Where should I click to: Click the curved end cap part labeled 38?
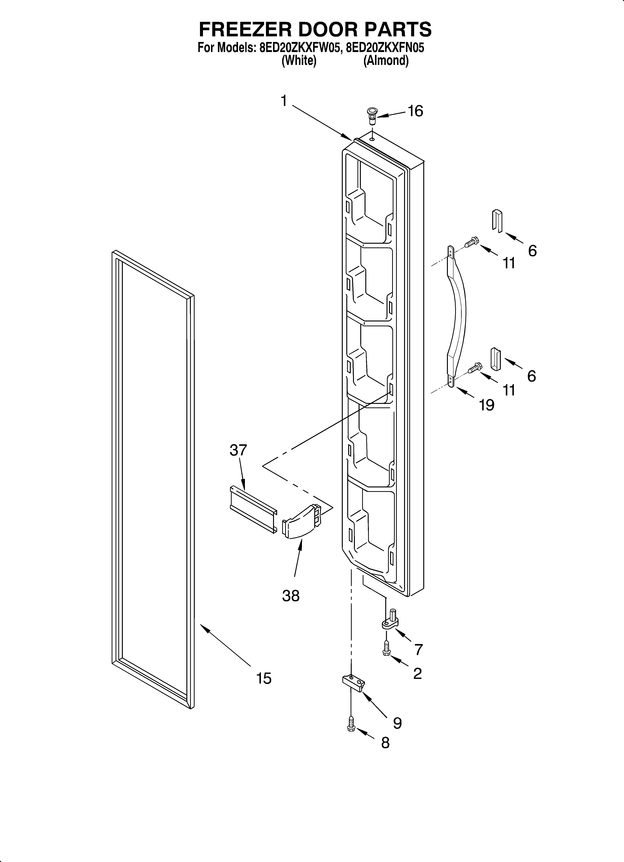tap(301, 521)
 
